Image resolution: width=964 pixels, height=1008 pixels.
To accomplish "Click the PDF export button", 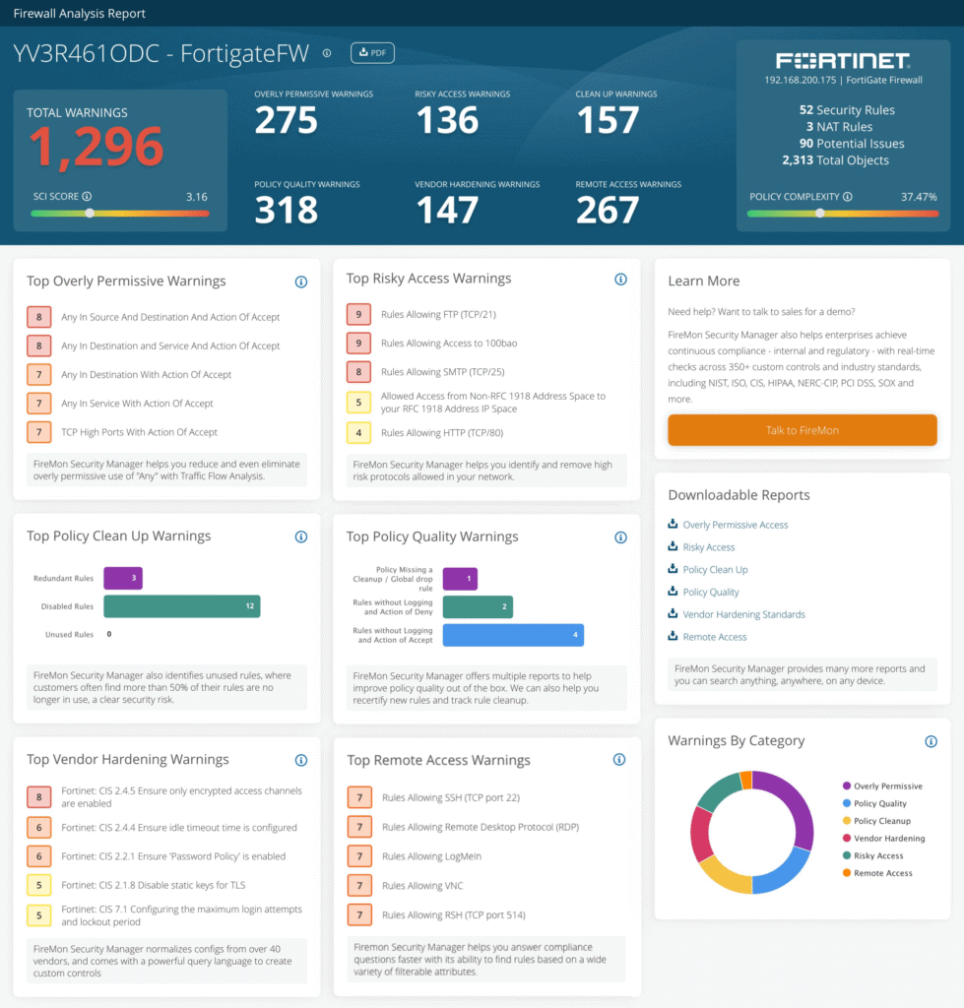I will [x=372, y=53].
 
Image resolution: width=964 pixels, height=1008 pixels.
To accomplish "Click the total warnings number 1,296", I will [x=95, y=148].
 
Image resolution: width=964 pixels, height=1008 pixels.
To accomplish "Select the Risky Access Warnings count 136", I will [x=447, y=120].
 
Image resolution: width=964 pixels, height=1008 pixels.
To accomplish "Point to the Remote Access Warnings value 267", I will [x=608, y=210].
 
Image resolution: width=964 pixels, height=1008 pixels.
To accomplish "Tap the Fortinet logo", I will [x=843, y=61].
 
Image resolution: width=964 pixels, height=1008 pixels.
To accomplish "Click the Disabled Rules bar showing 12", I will [x=181, y=606].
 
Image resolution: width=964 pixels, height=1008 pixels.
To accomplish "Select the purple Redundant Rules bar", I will [x=123, y=578].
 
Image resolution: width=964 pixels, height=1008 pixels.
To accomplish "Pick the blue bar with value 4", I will [x=513, y=635].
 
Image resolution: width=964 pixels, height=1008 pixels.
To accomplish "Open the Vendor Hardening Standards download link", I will [x=743, y=614].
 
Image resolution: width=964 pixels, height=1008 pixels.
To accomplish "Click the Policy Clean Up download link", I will [x=715, y=570].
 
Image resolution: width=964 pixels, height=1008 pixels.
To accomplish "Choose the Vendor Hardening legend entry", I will [x=888, y=839].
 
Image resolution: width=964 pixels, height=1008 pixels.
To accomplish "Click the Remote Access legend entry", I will [x=882, y=873].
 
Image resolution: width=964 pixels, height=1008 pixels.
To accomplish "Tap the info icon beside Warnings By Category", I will [x=931, y=741].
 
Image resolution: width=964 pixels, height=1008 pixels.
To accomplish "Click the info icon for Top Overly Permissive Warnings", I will [x=301, y=282].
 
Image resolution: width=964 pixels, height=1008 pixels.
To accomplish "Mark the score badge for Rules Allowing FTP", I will [x=358, y=315].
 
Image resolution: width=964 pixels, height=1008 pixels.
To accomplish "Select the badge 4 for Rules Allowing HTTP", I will [x=358, y=432].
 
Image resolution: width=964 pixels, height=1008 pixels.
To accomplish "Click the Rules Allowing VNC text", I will [x=421, y=886].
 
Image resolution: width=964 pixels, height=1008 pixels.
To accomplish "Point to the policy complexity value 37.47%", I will [x=919, y=197].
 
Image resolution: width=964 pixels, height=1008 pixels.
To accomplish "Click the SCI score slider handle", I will [x=90, y=213].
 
